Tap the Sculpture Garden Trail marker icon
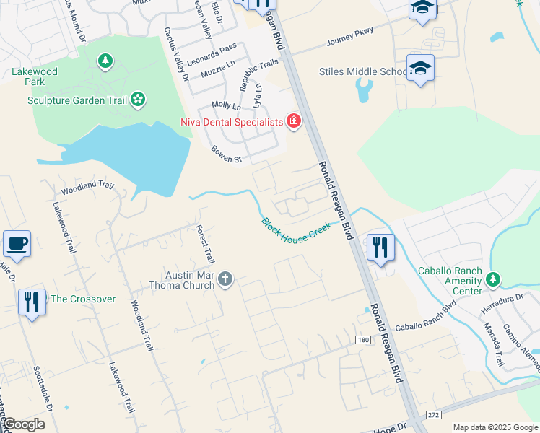138,99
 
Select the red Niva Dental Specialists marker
293,121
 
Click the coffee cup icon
16,244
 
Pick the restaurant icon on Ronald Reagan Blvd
380,248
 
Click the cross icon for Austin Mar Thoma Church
225,279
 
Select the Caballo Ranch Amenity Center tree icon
493,279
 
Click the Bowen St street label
226,154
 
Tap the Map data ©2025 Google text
495,427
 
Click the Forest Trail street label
206,244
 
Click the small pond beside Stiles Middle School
364,90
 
